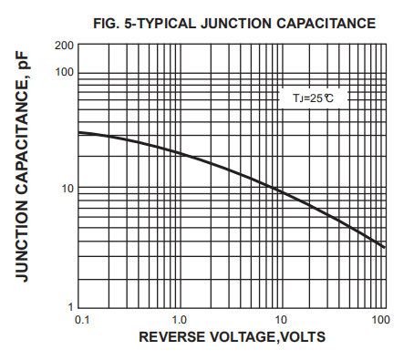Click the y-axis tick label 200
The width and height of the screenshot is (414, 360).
point(63,46)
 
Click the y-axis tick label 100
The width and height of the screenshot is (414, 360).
point(63,72)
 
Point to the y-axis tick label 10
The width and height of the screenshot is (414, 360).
point(66,190)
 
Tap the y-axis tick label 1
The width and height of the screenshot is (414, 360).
point(69,306)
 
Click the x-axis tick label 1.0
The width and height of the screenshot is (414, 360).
point(179,321)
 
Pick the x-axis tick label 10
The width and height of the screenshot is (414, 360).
point(282,321)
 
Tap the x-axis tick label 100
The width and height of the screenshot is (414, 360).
point(380,321)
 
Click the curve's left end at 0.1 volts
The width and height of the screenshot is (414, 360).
point(79,132)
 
